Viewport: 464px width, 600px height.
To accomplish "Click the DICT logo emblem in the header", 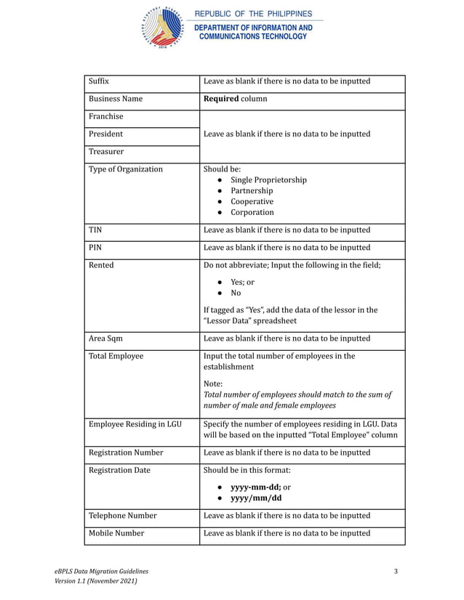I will pos(162,27).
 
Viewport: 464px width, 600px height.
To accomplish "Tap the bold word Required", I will pos(221,98).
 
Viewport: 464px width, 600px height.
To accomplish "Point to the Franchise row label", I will pos(106,116).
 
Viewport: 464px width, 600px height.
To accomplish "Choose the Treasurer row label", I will pos(106,152).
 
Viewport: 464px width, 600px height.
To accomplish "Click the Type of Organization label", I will pos(126,169).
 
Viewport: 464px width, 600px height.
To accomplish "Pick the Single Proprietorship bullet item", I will pos(268,180).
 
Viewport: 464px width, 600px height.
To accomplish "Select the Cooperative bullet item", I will pos(252,201).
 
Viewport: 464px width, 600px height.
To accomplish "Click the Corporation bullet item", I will pos(252,212).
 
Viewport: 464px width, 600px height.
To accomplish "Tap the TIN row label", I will pos(95,230).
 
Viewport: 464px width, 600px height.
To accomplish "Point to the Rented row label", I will pos(101,265).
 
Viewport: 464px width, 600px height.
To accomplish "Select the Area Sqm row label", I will pos(108,338).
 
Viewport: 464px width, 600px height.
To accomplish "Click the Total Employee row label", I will pos(116,356).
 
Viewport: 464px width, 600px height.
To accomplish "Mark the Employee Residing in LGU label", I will pos(135,424).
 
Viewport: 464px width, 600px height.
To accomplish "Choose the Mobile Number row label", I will pos(116,533).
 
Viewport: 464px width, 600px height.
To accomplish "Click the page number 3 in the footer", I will pos(396,571).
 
